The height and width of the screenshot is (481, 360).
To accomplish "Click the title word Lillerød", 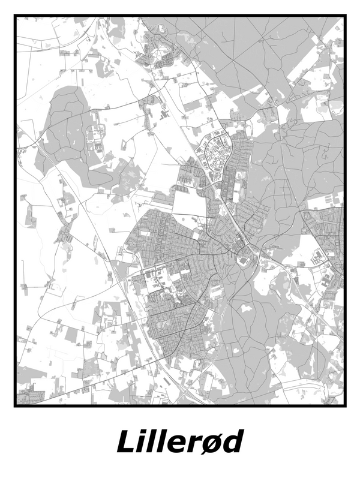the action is point(180,443).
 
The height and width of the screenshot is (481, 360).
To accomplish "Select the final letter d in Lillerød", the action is point(232,442).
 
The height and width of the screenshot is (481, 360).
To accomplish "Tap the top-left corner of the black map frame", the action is point(16,16).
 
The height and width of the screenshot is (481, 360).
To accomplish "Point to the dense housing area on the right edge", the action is point(330,234).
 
